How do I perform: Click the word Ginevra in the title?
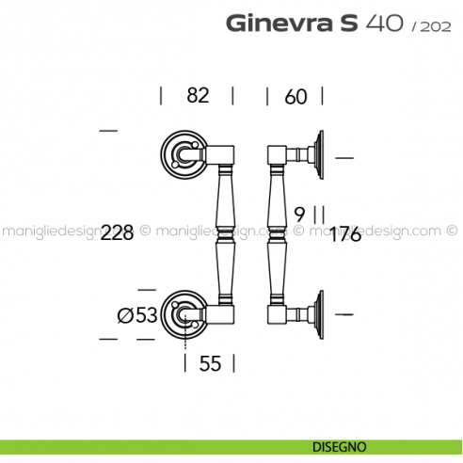[x=279, y=23]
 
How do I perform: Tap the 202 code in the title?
[x=435, y=25]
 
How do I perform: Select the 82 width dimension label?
[x=197, y=96]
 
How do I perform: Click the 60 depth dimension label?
[x=295, y=96]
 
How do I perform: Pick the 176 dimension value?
[x=345, y=234]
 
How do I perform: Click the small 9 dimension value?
[x=300, y=212]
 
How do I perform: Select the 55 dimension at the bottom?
[x=210, y=363]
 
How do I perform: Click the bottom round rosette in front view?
[x=182, y=313]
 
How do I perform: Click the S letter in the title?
[x=347, y=23]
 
